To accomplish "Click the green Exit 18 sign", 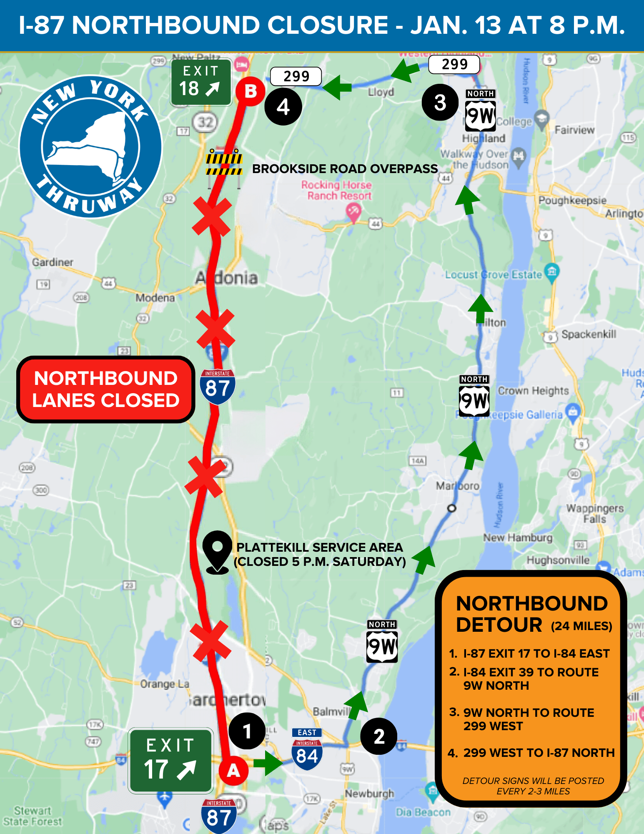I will pyautogui.click(x=200, y=82).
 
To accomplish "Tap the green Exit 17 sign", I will pyautogui.click(x=170, y=761).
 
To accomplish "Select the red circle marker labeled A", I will pyautogui.click(x=233, y=771).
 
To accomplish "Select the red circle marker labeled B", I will pyautogui.click(x=250, y=91).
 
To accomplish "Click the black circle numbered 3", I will pyautogui.click(x=440, y=102).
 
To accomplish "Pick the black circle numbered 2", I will pyautogui.click(x=379, y=736).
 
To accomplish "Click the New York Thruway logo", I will pyautogui.click(x=91, y=146).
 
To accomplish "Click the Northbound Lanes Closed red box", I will pyautogui.click(x=106, y=389).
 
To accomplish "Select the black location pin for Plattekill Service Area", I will pyautogui.click(x=217, y=552).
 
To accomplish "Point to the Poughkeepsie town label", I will pyautogui.click(x=572, y=200).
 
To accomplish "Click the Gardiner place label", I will pyautogui.click(x=53, y=262).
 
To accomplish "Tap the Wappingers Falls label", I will pyautogui.click(x=595, y=513).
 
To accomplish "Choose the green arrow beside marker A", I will pyautogui.click(x=268, y=763).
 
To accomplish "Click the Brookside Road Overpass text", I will pyautogui.click(x=345, y=169).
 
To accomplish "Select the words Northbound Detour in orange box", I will pyautogui.click(x=531, y=614).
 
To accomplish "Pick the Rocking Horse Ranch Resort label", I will pyautogui.click(x=336, y=190).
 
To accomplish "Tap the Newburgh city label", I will pyautogui.click(x=369, y=793).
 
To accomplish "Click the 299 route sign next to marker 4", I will pyautogui.click(x=296, y=76).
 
